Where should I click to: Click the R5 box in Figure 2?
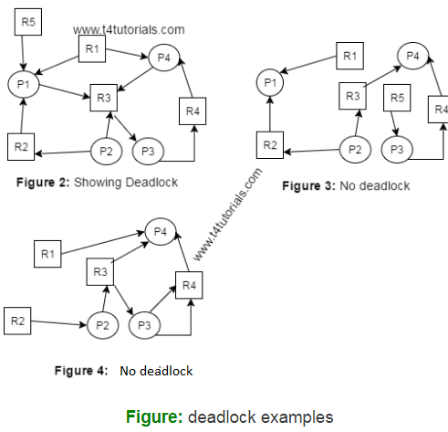click(x=28, y=22)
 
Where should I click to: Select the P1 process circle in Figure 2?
click(x=22, y=85)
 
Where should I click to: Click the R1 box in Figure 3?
click(x=349, y=57)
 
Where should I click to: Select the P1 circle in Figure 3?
click(x=269, y=84)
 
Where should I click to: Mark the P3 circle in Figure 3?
click(x=397, y=149)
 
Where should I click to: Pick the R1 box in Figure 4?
click(x=47, y=253)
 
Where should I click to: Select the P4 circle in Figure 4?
click(x=162, y=232)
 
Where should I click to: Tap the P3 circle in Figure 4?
click(x=143, y=324)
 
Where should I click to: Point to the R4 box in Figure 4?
click(x=189, y=285)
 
